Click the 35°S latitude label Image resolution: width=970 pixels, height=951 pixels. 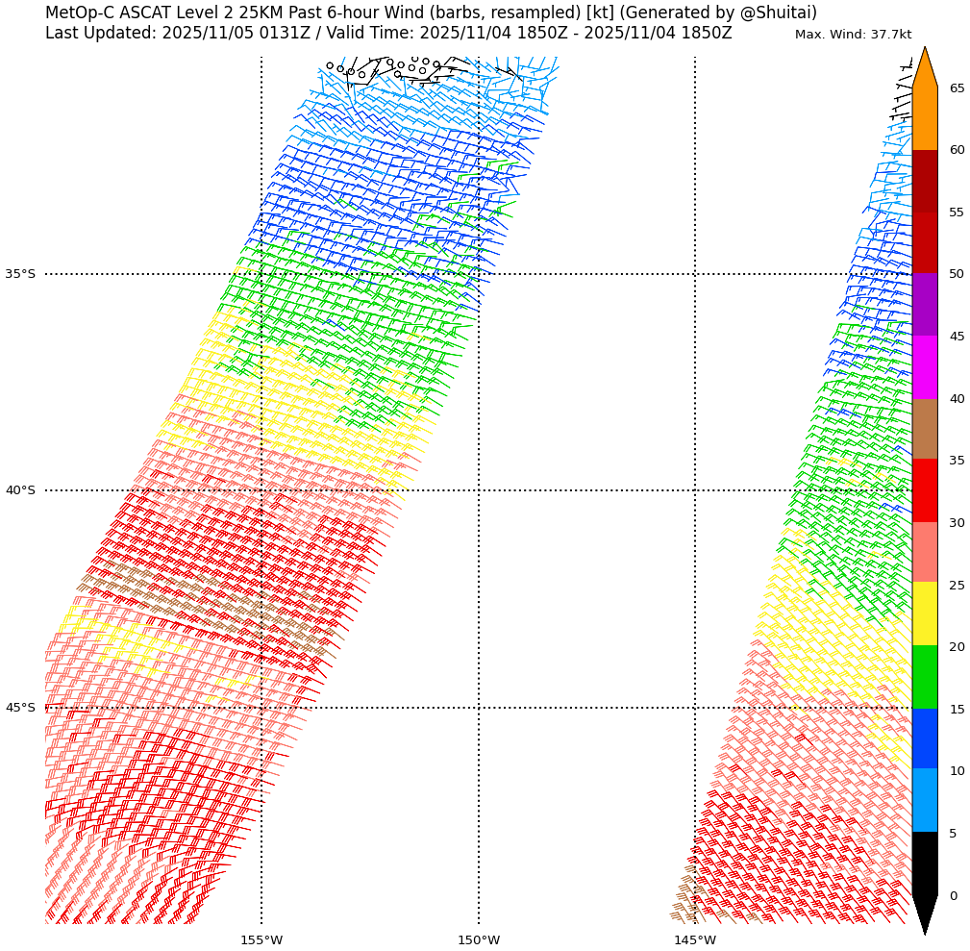pyautogui.click(x=20, y=274)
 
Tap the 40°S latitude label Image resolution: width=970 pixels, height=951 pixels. pyautogui.click(x=20, y=490)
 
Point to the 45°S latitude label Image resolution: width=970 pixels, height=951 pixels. pyautogui.click(x=20, y=708)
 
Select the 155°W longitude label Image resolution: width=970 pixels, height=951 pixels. pyautogui.click(x=261, y=939)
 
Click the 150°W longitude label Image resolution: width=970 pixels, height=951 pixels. pyautogui.click(x=478, y=939)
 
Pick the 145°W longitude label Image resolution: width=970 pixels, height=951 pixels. pyautogui.click(x=694, y=939)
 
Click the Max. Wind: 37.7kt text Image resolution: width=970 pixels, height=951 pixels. pyautogui.click(x=853, y=35)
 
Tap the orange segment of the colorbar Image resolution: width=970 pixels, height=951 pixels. pyautogui.click(x=924, y=118)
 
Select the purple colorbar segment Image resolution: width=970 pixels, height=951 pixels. pyautogui.click(x=924, y=305)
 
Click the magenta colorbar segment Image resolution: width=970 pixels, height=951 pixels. pyautogui.click(x=924, y=367)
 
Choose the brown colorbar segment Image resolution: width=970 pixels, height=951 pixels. pyautogui.click(x=924, y=429)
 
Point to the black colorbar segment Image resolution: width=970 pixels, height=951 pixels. pyautogui.click(x=924, y=863)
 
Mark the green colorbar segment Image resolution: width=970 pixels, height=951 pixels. pyautogui.click(x=924, y=677)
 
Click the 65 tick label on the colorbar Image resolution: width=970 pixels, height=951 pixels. pyautogui.click(x=957, y=88)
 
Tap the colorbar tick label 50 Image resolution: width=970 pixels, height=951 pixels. pyautogui.click(x=957, y=274)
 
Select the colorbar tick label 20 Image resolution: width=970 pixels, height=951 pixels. pyautogui.click(x=957, y=647)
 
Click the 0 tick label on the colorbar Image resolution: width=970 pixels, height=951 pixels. pyautogui.click(x=953, y=896)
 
